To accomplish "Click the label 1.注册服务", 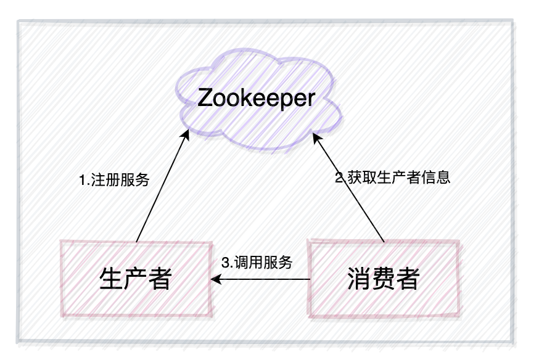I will (115, 181).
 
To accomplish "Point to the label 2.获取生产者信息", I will (393, 178).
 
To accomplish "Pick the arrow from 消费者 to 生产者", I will (262, 280).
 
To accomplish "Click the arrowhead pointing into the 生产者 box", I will (214, 280).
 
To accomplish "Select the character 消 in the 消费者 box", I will (358, 279).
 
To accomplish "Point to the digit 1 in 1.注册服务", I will (83, 181).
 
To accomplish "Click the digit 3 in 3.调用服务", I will (225, 261).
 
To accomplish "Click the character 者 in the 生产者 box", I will (159, 279).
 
